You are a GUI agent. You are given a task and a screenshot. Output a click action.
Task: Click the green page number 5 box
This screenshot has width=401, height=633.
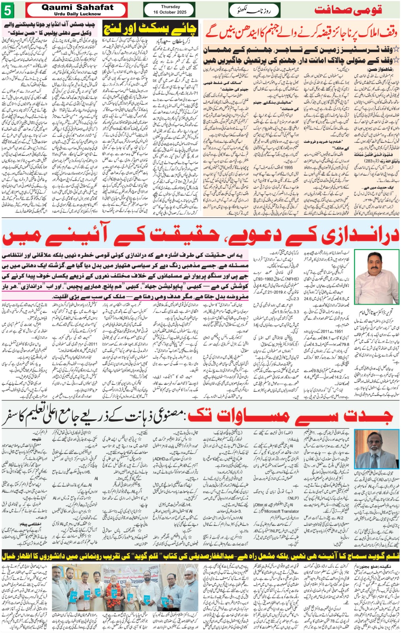tap(7, 11)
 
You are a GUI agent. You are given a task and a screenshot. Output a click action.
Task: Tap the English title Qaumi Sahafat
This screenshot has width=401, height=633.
tap(77, 8)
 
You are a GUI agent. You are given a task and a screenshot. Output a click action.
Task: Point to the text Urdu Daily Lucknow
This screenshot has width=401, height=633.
tap(77, 14)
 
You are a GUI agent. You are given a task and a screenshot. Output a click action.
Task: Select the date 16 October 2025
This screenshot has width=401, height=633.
tap(170, 12)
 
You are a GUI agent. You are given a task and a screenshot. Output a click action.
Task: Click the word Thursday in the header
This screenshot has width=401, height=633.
tap(170, 7)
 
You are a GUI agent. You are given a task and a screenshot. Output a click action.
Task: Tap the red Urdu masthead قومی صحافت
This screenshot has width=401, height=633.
tap(348, 10)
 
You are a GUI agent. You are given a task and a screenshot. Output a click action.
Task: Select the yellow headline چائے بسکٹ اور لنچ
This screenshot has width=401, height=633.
tap(149, 28)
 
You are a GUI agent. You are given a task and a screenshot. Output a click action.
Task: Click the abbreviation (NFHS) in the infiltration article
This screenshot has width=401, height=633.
tap(292, 279)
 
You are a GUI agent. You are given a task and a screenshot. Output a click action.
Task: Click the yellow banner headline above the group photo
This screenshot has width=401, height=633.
tap(200, 556)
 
